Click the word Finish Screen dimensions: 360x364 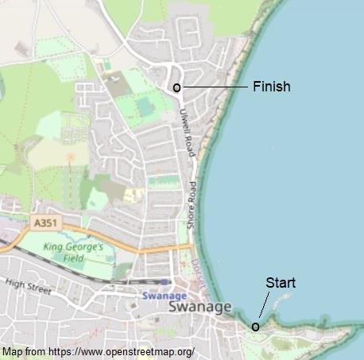(271, 87)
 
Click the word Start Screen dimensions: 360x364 (280, 282)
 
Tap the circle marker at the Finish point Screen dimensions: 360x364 (176, 87)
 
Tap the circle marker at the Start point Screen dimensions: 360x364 (256, 326)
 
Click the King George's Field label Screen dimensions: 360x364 (73, 252)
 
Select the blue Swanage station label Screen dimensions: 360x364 (164, 296)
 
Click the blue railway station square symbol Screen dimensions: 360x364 (164, 281)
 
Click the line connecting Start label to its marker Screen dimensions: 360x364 (265, 306)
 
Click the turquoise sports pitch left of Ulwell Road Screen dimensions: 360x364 (144, 106)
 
